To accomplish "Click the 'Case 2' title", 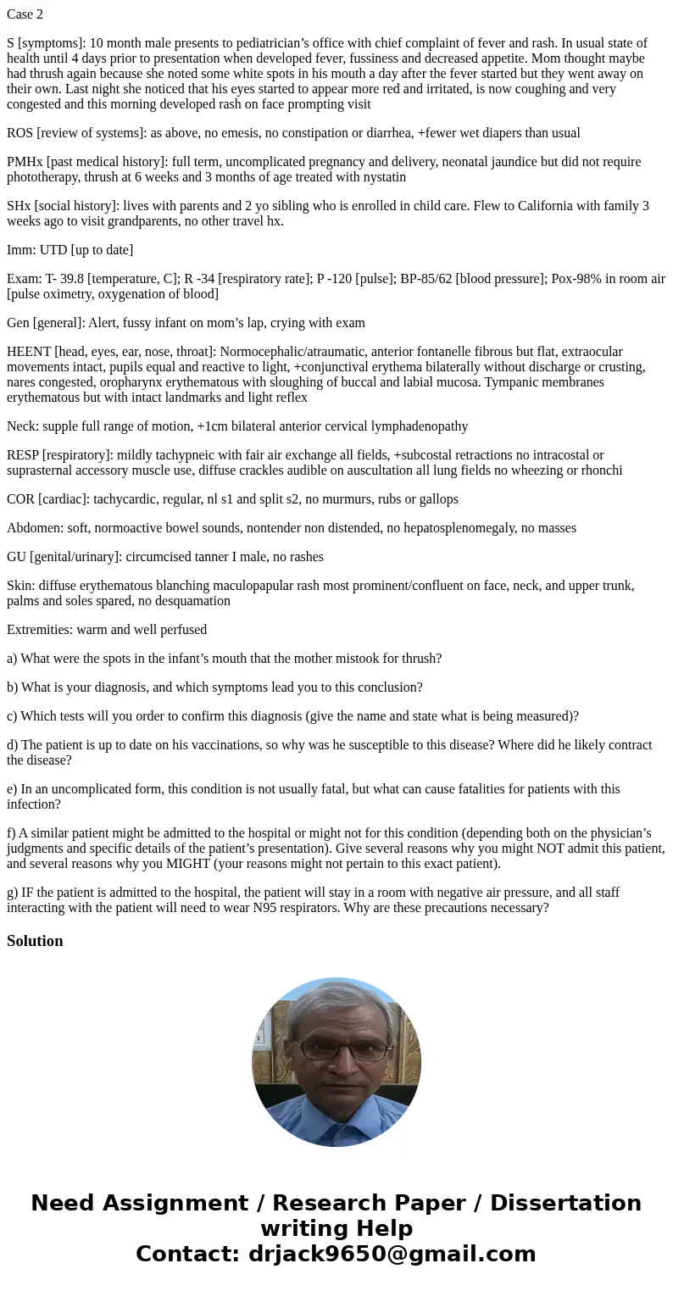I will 25,14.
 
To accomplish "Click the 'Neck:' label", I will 23,426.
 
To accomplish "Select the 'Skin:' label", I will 21,586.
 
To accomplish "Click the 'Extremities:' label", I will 40,630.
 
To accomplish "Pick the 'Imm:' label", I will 21,250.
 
